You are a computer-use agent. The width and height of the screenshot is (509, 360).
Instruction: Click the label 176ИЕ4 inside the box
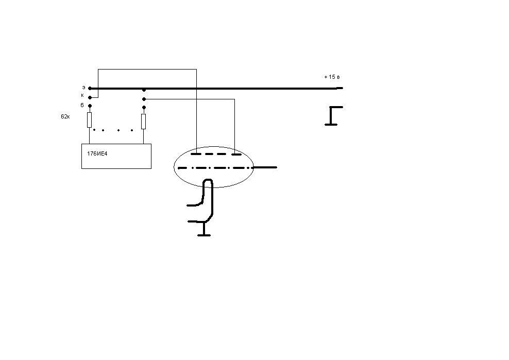[x=97, y=153]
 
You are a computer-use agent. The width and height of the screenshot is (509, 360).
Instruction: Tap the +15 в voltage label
[x=332, y=77]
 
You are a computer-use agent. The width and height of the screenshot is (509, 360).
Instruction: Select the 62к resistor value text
[x=65, y=116]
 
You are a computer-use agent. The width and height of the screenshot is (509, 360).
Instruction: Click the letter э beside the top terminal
[x=83, y=88]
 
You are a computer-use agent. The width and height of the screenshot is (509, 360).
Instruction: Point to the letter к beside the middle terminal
[x=82, y=95]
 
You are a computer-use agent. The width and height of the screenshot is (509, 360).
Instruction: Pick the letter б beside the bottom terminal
[x=82, y=105]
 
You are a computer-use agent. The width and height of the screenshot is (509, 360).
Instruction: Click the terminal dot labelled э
[x=90, y=88]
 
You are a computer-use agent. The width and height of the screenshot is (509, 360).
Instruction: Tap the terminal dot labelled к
[x=90, y=97]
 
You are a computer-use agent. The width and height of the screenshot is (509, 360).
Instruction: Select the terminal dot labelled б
[x=90, y=106]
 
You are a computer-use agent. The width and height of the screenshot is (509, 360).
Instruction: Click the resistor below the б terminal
[x=90, y=120]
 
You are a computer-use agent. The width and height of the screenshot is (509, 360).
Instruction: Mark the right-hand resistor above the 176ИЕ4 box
[x=144, y=122]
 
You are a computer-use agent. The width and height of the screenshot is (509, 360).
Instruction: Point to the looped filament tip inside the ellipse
[x=208, y=180]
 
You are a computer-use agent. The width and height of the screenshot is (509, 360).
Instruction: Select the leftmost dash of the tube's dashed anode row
[x=196, y=154]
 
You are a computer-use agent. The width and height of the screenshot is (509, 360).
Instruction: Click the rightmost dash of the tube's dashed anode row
[x=236, y=154]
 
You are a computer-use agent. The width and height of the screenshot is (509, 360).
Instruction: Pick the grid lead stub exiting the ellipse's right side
[x=265, y=167]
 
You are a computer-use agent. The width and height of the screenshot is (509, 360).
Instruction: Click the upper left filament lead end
[x=188, y=205]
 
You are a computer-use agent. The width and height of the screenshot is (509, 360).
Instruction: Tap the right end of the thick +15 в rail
[x=343, y=88]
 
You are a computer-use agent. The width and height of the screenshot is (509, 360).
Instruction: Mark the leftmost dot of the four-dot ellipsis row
[x=94, y=130]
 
